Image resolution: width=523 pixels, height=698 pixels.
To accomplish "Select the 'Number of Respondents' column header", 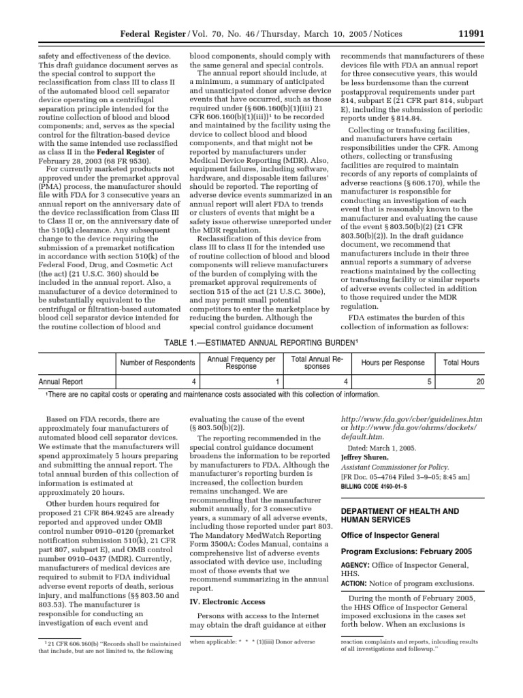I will tap(158, 363).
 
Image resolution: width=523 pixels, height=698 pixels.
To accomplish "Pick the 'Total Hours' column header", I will tap(461, 363).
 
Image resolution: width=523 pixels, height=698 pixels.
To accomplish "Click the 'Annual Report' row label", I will tap(61, 382).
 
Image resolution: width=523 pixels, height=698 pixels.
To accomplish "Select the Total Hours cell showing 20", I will tap(480, 382).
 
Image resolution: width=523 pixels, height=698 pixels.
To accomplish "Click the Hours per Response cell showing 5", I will tap(430, 382).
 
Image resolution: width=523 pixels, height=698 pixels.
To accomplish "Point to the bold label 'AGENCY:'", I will tap(357, 565).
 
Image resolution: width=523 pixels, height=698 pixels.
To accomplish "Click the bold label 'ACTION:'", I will tap(356, 583).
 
